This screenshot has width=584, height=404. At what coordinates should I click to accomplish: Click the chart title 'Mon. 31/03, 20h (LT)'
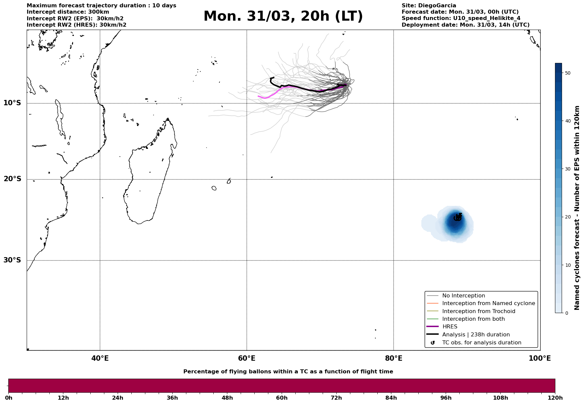283,16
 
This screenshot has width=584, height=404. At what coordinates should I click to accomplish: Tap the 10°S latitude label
12,103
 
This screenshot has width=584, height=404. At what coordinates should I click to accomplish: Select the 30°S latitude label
12,260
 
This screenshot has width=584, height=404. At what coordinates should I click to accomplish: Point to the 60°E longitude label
247,358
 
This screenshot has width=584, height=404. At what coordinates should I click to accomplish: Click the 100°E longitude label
540,358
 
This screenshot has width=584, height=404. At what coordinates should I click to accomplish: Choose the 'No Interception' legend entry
463,296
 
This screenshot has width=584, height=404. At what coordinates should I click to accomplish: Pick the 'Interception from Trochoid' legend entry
478,311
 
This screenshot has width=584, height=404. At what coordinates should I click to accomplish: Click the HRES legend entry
450,327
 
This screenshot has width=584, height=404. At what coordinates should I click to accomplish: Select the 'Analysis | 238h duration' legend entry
476,335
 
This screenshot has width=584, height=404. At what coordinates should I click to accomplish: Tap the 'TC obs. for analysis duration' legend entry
481,343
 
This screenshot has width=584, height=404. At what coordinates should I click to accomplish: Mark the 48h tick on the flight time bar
227,398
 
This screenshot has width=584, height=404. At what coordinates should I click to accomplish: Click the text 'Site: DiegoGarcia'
429,6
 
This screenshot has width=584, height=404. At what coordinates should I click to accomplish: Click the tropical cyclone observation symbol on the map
458,217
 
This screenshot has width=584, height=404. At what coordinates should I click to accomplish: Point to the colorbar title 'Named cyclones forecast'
577,208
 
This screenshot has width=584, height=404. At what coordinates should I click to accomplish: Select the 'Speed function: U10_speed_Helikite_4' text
461,18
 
